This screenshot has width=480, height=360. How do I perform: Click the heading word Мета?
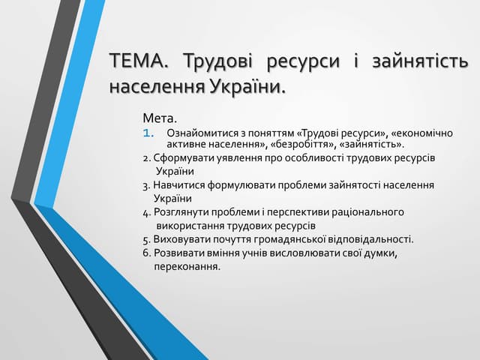(x=159, y=118)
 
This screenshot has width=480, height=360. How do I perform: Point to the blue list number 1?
(x=148, y=133)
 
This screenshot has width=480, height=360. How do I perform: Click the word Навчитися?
(x=178, y=185)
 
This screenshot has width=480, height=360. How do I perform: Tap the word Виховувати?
(x=181, y=239)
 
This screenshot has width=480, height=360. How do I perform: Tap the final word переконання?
(x=187, y=267)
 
